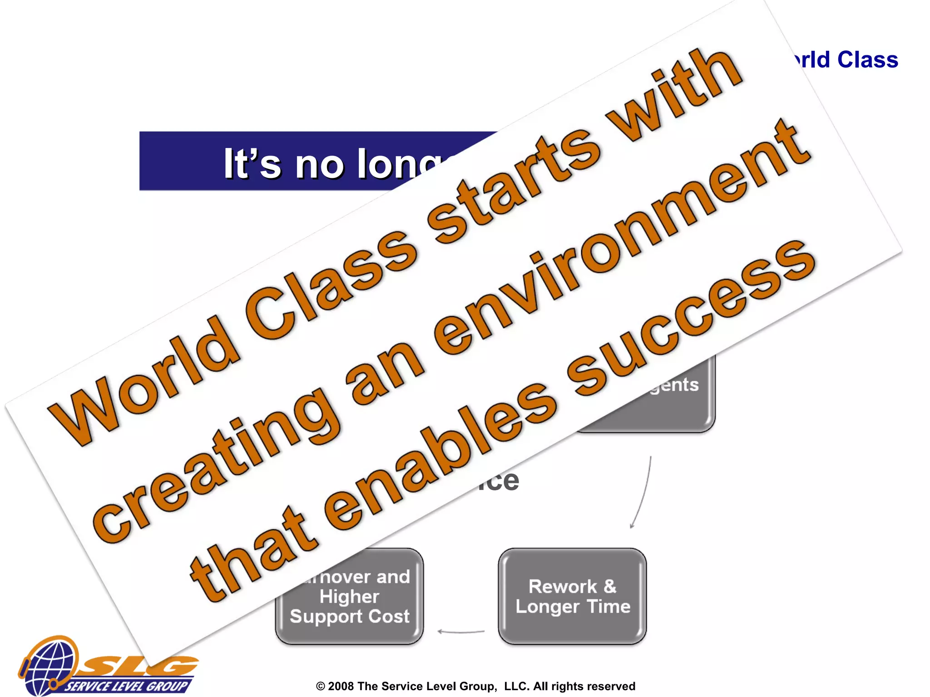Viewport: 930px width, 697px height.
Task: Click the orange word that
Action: pyautogui.click(x=254, y=554)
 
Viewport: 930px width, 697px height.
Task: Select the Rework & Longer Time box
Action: pyautogui.click(x=572, y=596)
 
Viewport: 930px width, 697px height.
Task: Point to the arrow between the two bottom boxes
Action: pyautogui.click(x=461, y=631)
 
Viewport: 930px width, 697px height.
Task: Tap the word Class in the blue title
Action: pyautogui.click(x=867, y=60)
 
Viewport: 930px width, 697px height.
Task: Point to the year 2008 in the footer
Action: pyautogui.click(x=341, y=686)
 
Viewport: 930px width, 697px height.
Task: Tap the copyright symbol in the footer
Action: pyautogui.click(x=321, y=686)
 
